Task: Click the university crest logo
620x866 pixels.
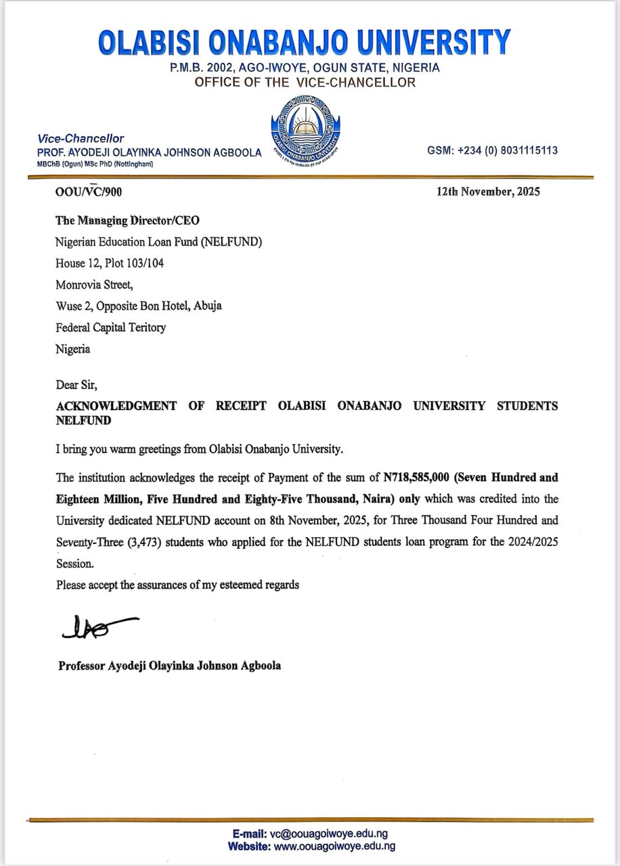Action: pyautogui.click(x=305, y=129)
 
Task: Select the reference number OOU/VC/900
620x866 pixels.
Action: pyautogui.click(x=89, y=192)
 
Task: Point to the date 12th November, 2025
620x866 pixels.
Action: pyautogui.click(x=488, y=191)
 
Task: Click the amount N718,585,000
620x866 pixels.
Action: pyautogui.click(x=416, y=478)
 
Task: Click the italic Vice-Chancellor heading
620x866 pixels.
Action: pyautogui.click(x=81, y=139)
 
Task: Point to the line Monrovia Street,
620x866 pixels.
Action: pyautogui.click(x=95, y=284)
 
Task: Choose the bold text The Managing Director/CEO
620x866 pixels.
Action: pyautogui.click(x=128, y=221)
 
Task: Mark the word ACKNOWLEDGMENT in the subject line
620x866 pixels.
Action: pyautogui.click(x=116, y=406)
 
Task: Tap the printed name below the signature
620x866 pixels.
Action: pyautogui.click(x=170, y=666)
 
